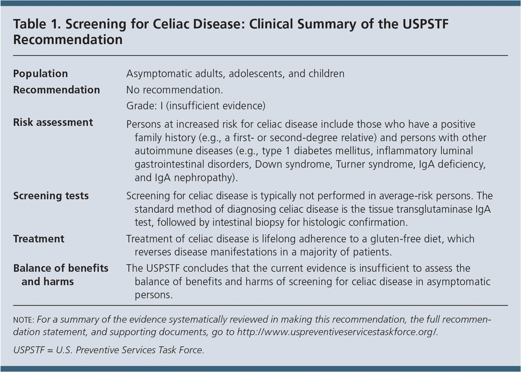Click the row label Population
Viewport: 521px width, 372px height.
(41, 74)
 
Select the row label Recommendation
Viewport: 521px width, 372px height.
(56, 90)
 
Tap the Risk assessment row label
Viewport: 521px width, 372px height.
(53, 122)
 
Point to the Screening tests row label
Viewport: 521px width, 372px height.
(51, 196)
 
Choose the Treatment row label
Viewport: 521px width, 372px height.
(39, 239)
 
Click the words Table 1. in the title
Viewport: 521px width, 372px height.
(37, 24)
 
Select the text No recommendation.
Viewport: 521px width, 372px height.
(175, 90)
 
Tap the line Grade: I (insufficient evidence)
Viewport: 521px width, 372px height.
(196, 106)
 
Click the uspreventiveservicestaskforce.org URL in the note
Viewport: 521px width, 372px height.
(337, 332)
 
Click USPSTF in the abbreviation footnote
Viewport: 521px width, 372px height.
(29, 350)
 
